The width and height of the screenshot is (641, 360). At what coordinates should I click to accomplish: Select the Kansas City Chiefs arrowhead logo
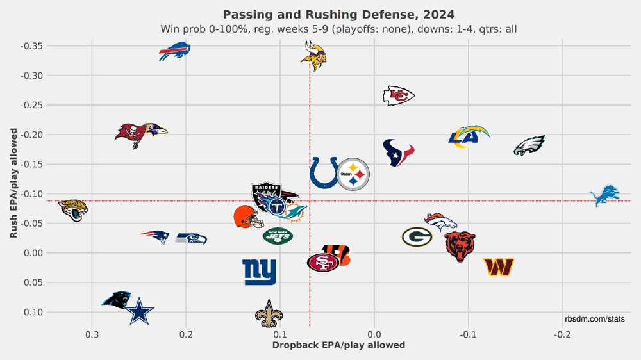398,95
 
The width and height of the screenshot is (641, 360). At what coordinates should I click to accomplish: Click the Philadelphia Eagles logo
529,146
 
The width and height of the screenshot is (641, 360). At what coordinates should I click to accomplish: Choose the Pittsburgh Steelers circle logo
354,173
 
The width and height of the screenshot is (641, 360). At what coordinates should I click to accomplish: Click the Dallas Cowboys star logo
139,312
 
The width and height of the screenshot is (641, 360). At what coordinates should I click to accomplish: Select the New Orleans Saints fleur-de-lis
268,313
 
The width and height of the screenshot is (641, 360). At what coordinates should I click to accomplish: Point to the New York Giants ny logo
260,272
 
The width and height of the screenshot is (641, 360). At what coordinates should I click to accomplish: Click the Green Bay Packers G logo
417,237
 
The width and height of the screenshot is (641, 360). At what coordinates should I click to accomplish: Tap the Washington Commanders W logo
499,266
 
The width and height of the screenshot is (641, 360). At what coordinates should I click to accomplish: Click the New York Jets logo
278,236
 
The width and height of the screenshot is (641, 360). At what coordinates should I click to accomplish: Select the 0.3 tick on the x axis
92,334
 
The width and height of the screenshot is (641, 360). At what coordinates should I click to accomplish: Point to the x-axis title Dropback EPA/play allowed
338,345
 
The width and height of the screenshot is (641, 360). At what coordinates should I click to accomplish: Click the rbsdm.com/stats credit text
594,318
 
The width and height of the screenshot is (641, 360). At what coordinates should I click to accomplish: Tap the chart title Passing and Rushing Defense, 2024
338,14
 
